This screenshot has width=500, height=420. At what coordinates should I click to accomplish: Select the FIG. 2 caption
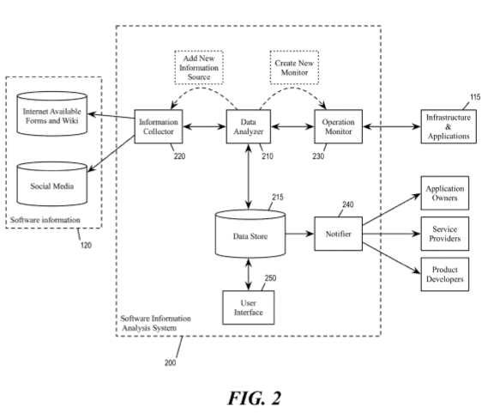250,397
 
